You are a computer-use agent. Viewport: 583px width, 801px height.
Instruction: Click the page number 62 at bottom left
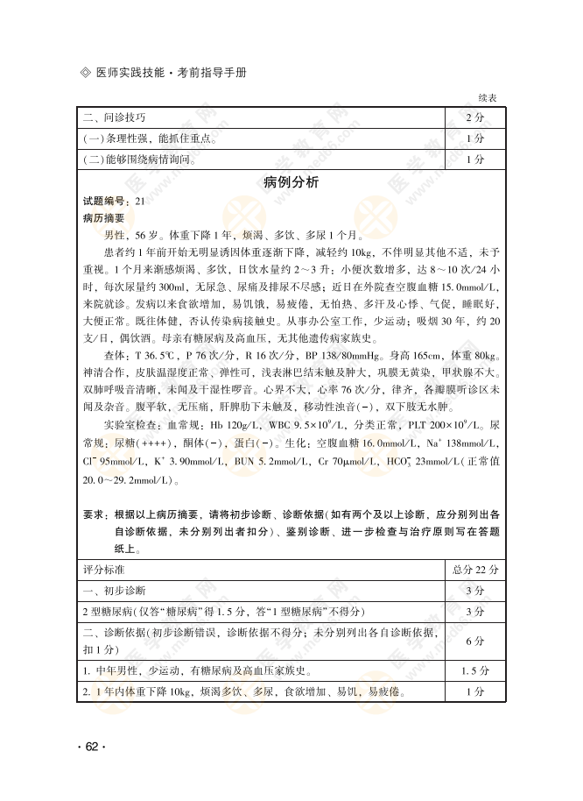pos(92,746)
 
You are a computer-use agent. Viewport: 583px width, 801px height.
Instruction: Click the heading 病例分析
pos(291,182)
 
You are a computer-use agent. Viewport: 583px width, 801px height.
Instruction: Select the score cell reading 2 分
pos(475,117)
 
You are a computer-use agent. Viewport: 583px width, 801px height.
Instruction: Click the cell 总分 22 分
pos(474,569)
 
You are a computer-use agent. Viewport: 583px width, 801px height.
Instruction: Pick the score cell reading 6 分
pos(475,641)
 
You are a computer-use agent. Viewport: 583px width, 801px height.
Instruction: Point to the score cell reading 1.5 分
pos(475,671)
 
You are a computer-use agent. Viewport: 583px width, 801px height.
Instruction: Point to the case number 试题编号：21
pos(114,202)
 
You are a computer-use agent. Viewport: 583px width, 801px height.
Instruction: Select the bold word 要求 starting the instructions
pos(94,514)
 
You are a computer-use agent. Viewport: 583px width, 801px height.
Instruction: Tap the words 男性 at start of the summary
pos(114,235)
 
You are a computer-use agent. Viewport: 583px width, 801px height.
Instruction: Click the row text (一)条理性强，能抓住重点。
pos(151,138)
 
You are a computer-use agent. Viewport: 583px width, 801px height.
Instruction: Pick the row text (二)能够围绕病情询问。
pos(140,159)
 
